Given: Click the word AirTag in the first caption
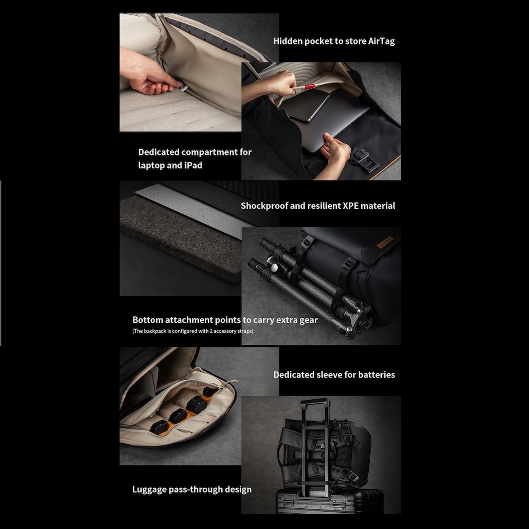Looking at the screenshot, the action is tap(381, 41).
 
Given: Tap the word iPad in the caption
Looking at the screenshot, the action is tap(193, 165).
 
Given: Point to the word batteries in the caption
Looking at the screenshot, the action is tap(377, 375).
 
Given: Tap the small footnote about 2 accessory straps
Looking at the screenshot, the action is tap(193, 331).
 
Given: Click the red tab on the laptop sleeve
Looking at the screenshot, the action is tap(310, 87).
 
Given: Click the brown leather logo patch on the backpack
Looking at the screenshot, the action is tap(385, 242).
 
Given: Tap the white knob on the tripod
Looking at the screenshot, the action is tap(275, 268).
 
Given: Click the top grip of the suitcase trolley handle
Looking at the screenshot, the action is tap(315, 401).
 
